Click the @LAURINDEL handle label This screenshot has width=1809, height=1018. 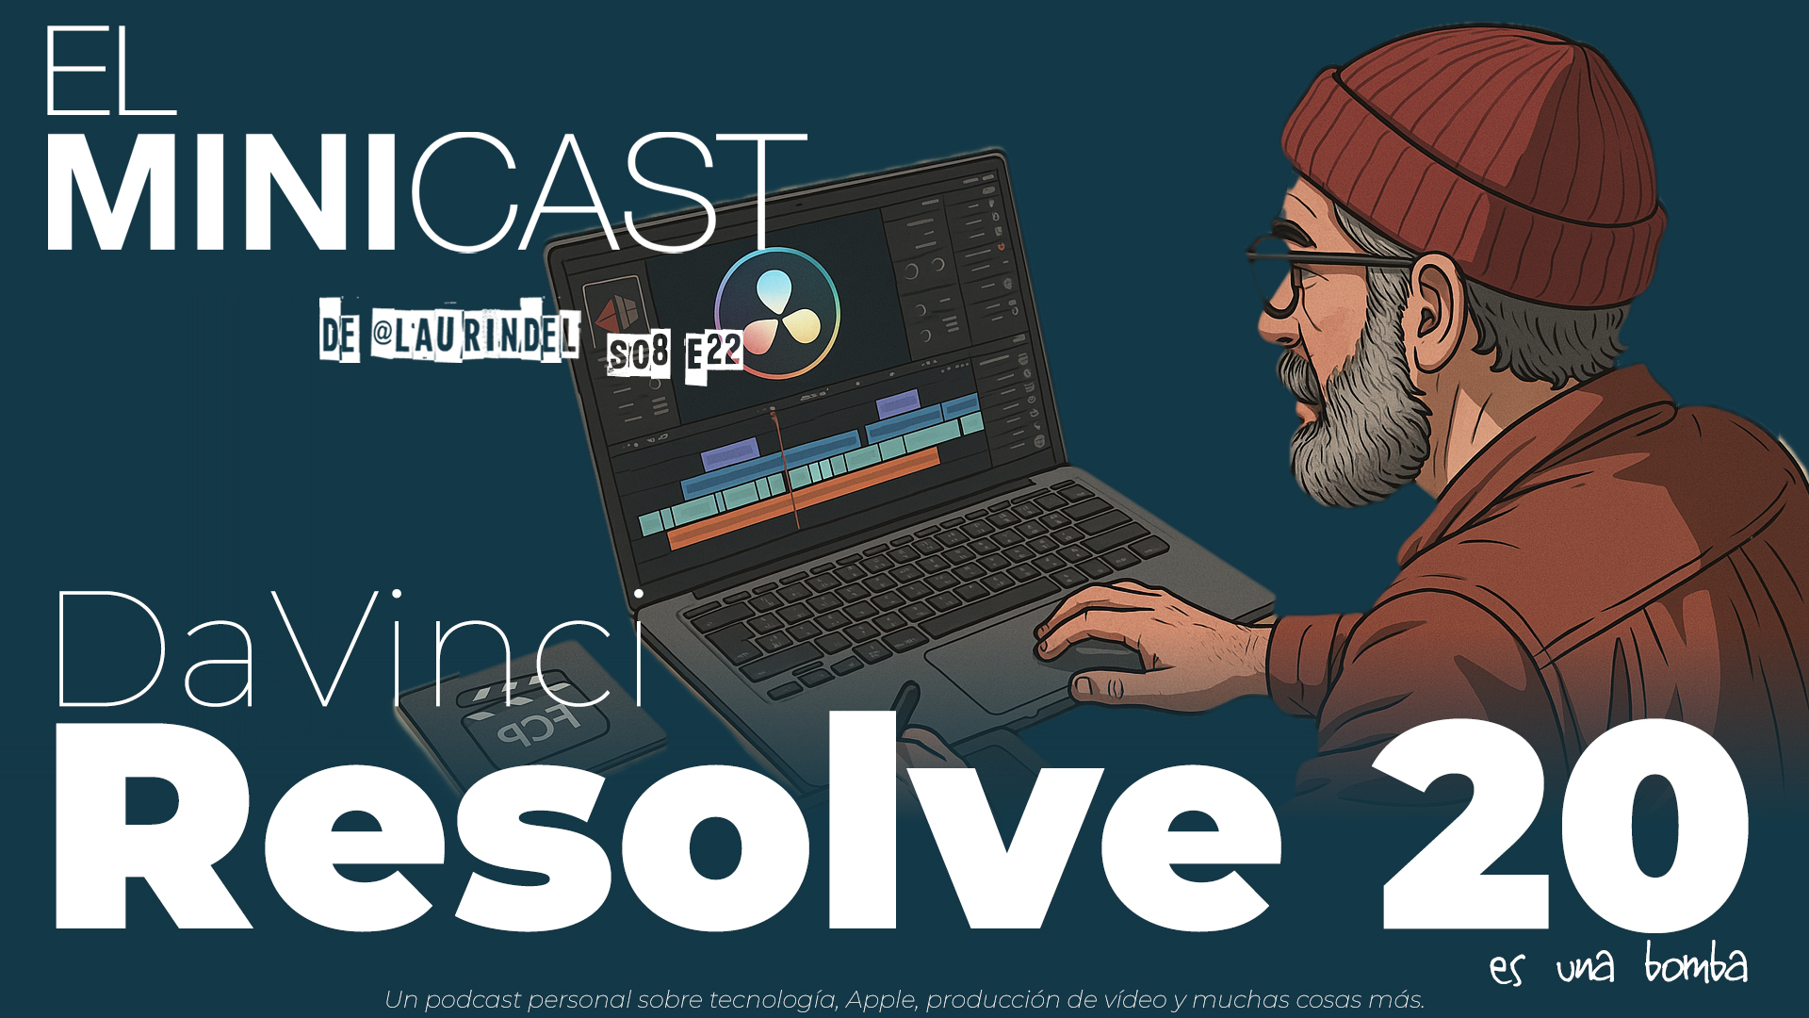tap(474, 334)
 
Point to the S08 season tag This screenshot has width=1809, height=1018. tap(639, 354)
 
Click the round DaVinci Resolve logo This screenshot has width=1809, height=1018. tap(777, 313)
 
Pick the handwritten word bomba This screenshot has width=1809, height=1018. tap(1696, 965)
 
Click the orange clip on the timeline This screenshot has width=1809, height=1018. tap(810, 500)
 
